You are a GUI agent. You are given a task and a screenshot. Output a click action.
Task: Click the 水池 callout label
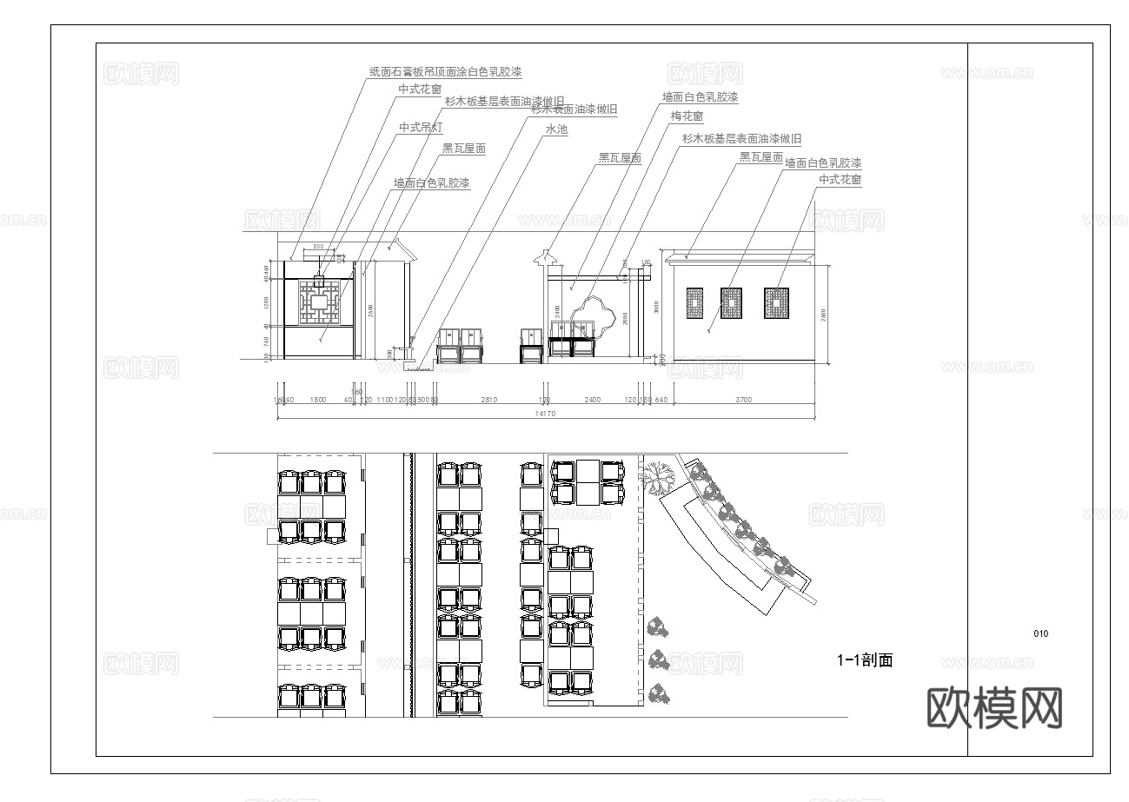(556, 129)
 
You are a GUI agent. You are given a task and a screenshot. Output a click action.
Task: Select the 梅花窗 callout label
(687, 116)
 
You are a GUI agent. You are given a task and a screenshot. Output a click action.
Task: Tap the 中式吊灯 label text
(421, 128)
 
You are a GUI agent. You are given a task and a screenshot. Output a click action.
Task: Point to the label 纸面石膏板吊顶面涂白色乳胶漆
(445, 71)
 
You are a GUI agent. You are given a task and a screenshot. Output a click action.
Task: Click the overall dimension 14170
(545, 414)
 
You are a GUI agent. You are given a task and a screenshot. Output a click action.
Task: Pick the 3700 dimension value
(744, 400)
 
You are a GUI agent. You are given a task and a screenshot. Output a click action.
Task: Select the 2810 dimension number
(488, 400)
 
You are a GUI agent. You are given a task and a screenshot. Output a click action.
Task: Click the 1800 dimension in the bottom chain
(318, 400)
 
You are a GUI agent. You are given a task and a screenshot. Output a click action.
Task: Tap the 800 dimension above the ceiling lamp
(318, 248)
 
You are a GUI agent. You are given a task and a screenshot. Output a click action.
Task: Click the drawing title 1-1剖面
(865, 660)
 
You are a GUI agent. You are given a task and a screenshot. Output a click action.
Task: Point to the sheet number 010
(1041, 633)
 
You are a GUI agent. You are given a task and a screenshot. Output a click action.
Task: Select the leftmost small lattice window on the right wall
(694, 303)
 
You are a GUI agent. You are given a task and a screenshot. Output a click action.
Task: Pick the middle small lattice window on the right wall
(731, 303)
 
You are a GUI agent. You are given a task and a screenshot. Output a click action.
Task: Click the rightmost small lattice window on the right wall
(774, 303)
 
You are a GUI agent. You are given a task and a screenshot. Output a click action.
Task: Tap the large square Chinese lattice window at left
(320, 302)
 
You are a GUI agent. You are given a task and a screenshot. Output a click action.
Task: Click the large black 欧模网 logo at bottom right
(995, 708)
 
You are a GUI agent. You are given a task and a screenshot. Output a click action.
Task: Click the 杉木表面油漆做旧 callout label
(574, 109)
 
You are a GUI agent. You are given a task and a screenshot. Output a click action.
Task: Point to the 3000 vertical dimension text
(657, 306)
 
